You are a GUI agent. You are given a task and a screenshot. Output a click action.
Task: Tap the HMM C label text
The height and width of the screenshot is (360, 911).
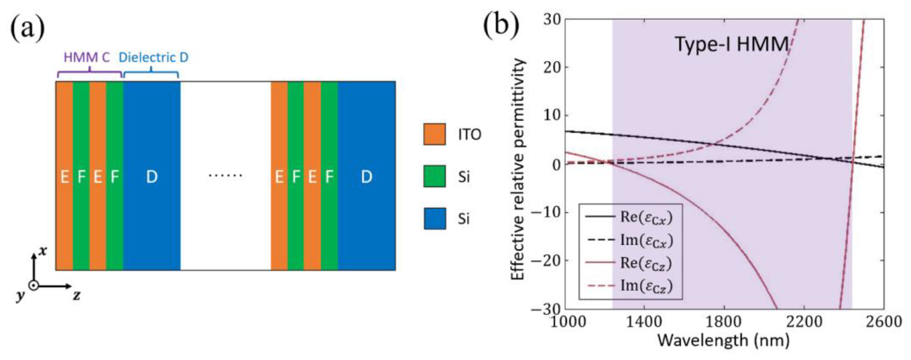coord(87,57)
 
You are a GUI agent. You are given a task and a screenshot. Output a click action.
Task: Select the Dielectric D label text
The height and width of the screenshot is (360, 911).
coord(153,57)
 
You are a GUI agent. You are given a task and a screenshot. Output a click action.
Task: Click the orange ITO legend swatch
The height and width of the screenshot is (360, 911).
coord(434,134)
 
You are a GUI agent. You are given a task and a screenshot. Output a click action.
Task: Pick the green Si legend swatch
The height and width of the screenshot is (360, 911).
coord(434,176)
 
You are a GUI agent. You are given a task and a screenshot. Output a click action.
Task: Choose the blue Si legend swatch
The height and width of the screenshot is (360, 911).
coord(434,219)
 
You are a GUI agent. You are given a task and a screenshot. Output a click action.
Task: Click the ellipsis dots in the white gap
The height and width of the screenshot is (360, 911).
coord(225,175)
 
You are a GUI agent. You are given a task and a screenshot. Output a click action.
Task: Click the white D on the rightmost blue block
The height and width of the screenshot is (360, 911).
coord(366,176)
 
